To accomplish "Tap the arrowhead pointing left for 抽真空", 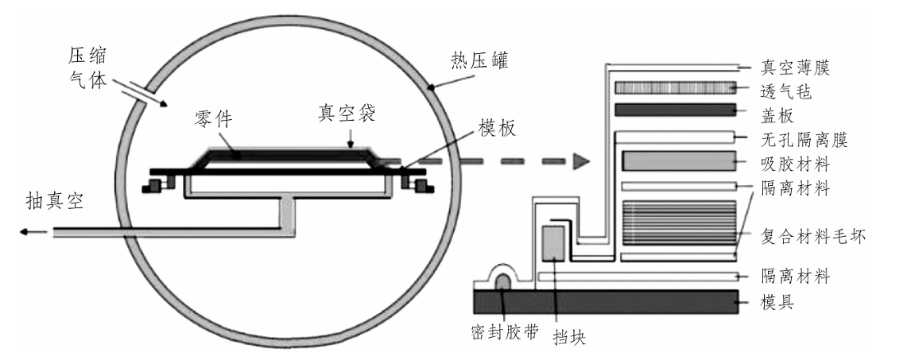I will click(25, 232).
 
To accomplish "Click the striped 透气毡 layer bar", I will click(677, 87).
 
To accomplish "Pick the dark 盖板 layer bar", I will click(677, 110).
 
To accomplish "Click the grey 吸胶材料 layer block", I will click(677, 162).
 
